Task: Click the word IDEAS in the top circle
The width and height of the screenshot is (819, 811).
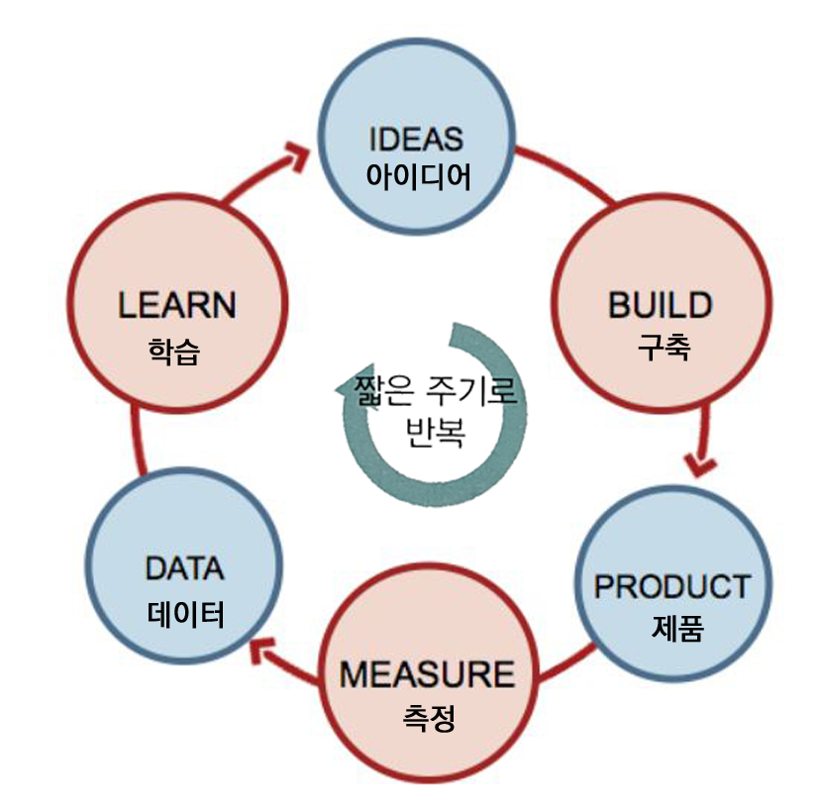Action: coord(415,138)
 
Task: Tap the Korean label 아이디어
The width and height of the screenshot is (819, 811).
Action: coord(417,175)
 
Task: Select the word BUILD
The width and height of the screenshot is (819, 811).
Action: coord(660,304)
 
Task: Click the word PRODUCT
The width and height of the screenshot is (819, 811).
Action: coord(672,585)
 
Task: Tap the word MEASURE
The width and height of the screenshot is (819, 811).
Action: coord(427,674)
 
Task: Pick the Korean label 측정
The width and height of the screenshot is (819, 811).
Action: coord(429,717)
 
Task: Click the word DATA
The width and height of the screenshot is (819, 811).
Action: coord(184,569)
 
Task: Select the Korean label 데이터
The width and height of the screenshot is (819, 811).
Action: coord(186,614)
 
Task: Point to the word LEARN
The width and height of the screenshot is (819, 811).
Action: coord(177,304)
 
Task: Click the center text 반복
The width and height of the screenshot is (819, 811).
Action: coord(435,433)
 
